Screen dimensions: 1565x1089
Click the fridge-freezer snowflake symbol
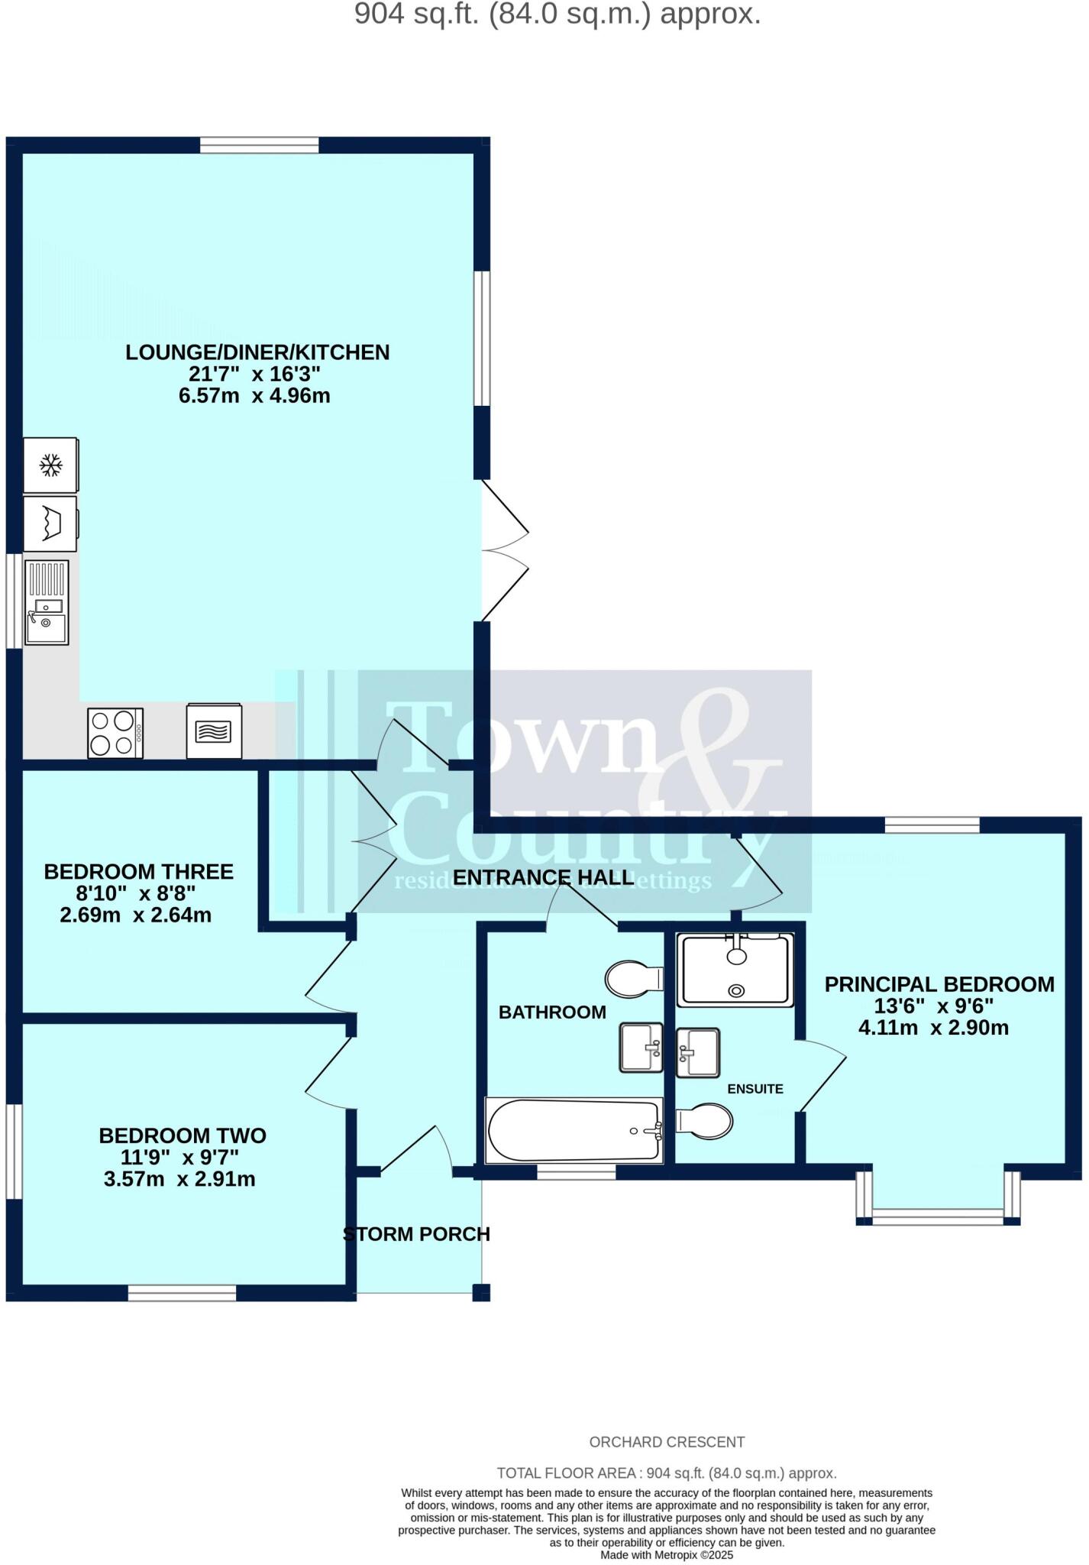51,465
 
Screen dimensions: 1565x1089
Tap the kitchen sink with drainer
47,603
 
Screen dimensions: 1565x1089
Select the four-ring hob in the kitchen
115,734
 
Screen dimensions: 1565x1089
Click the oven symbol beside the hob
215,731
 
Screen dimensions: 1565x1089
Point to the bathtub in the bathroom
574,1131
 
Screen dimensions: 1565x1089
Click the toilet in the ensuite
706,1122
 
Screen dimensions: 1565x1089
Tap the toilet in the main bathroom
634,979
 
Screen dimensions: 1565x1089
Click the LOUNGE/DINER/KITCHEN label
257,352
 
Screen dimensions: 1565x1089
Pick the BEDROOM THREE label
138,872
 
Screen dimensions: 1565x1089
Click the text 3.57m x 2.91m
179,1179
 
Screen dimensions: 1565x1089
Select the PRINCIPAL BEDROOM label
939,984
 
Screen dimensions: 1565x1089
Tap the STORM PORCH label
417,1234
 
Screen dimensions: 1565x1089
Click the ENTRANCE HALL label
543,877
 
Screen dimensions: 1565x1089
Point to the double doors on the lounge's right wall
503,550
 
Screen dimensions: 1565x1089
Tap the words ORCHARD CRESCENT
667,1442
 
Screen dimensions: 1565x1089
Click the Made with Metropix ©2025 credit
667,1554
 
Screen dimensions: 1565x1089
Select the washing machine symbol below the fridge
50,524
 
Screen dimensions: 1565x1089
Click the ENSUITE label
755,1089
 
